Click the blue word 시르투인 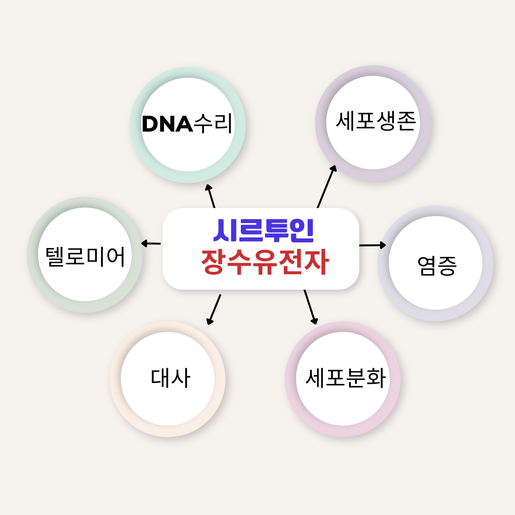click(x=263, y=230)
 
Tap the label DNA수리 click(x=187, y=124)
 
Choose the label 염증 click(x=436, y=265)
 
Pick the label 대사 click(x=171, y=378)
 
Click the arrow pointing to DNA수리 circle click(x=211, y=196)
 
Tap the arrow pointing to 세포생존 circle click(x=327, y=186)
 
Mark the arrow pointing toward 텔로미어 click(x=151, y=243)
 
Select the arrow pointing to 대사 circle click(x=214, y=310)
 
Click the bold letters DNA click(x=167, y=124)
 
